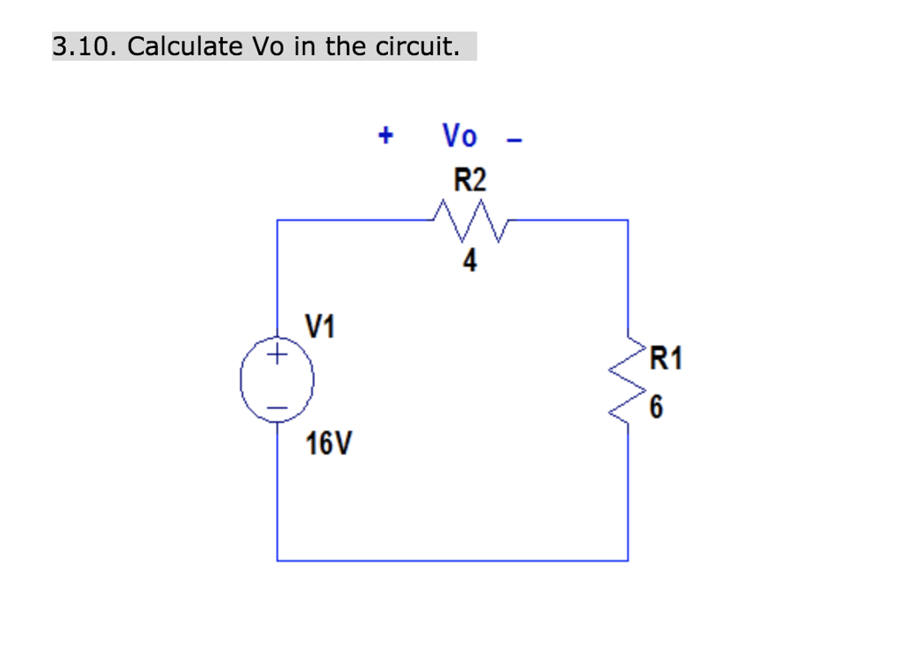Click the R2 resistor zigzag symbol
pyautogui.click(x=471, y=220)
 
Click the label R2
pyautogui.click(x=469, y=181)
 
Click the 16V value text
pyautogui.click(x=327, y=445)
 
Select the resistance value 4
pyautogui.click(x=471, y=261)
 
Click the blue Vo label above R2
pyautogui.click(x=459, y=136)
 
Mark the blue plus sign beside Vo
pyautogui.click(x=385, y=136)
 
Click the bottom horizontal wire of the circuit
pyautogui.click(x=452, y=560)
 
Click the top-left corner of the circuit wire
pyautogui.click(x=277, y=220)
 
